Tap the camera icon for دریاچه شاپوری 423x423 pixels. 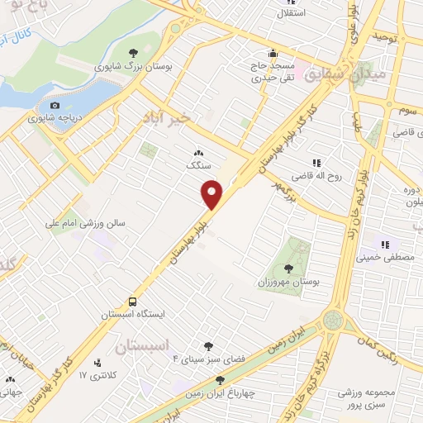(55, 105)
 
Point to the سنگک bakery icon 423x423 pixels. (197, 153)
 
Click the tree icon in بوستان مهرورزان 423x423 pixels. (288, 268)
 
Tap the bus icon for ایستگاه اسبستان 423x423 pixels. (133, 302)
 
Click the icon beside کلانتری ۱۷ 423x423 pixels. (98, 362)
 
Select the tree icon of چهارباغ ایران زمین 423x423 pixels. (219, 380)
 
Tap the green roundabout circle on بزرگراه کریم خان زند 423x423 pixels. (333, 319)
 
